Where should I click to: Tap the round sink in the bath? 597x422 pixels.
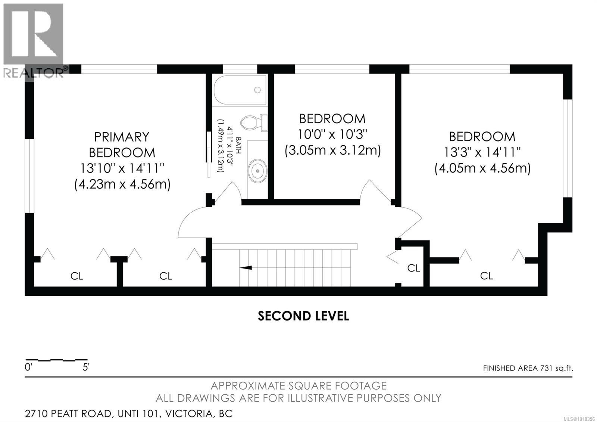click(x=257, y=170)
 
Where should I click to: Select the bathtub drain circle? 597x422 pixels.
click(x=257, y=90)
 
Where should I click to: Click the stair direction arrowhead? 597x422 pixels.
click(x=246, y=267)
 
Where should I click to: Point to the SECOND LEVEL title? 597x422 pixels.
click(x=303, y=316)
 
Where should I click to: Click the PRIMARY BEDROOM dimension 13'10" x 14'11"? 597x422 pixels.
click(x=122, y=168)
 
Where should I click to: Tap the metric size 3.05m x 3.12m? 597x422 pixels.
click(x=332, y=151)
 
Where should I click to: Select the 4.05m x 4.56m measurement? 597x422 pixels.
click(x=482, y=168)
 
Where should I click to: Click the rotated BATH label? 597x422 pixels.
click(x=238, y=145)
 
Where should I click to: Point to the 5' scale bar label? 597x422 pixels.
click(x=86, y=367)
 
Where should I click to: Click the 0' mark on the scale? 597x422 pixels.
click(x=28, y=367)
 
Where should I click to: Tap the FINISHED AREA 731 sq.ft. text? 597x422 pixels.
click(x=528, y=368)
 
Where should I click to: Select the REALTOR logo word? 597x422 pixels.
click(x=33, y=73)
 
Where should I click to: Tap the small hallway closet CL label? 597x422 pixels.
click(x=413, y=268)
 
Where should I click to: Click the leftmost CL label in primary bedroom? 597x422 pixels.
click(x=77, y=276)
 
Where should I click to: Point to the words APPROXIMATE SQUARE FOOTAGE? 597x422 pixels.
click(x=298, y=386)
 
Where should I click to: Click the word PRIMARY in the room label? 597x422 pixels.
click(x=122, y=137)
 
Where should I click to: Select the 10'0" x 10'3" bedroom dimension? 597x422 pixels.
click(x=332, y=134)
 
